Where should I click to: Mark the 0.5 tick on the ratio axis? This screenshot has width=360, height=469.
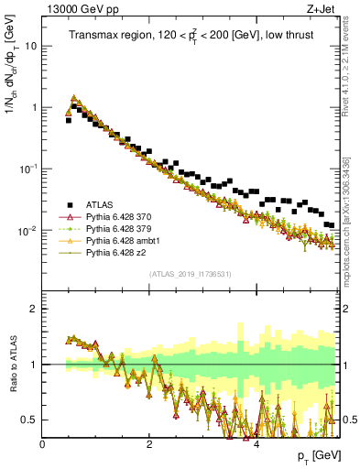[29, 420]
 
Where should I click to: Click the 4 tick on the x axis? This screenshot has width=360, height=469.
[256, 443]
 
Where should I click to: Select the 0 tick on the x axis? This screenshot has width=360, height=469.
[43, 443]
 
